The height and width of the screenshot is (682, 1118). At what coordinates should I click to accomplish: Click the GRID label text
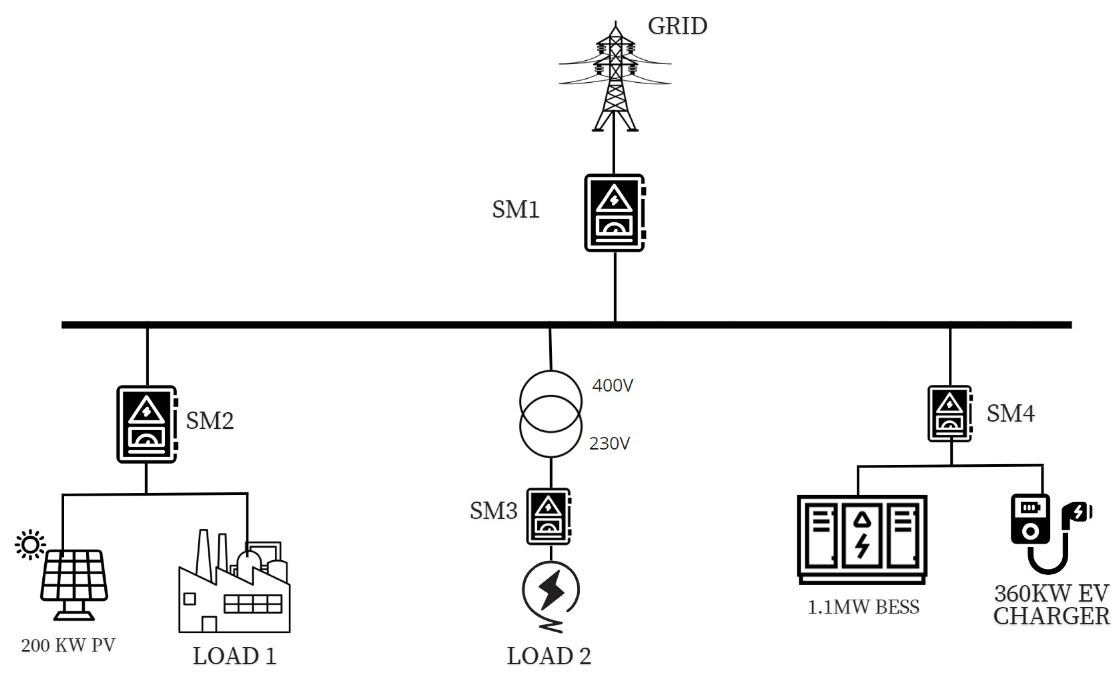point(677,26)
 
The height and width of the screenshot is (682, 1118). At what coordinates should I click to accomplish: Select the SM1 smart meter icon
point(615,213)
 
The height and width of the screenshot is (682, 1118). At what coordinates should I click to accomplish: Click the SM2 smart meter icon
point(147,424)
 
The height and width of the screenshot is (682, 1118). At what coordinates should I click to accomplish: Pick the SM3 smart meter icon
point(548,516)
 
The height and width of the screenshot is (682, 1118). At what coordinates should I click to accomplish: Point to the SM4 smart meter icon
point(949,413)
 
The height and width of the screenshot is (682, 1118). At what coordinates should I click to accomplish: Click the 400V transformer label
point(612,386)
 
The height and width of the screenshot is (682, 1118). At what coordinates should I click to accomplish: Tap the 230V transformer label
point(609,444)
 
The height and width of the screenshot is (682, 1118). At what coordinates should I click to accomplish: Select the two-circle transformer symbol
point(551,413)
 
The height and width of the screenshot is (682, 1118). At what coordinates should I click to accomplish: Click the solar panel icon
point(74,583)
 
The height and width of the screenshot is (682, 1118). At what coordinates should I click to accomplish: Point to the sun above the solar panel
point(30,544)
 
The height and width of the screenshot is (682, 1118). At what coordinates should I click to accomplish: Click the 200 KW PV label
point(68,645)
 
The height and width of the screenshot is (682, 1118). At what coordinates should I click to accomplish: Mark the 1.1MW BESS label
point(863,607)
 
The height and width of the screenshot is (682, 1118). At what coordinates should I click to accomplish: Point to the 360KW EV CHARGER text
point(1051,605)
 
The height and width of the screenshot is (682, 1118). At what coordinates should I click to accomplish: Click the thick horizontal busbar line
point(363,325)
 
